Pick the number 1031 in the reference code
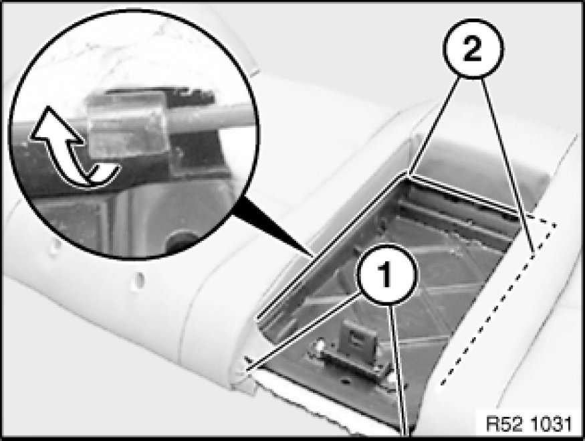tap(550, 424)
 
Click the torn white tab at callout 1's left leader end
tap(249, 366)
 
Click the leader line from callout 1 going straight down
tap(400, 361)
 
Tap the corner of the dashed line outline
tap(555, 226)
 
